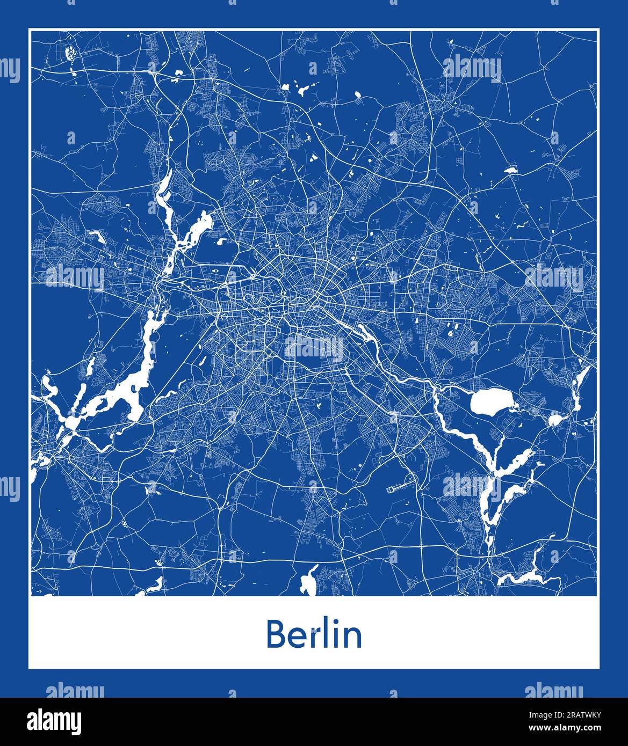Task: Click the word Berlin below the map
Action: (x=314, y=634)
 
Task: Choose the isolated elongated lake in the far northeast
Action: (x=510, y=170)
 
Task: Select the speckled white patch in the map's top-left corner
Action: (x=69, y=53)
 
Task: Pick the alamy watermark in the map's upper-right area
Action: (x=472, y=69)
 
